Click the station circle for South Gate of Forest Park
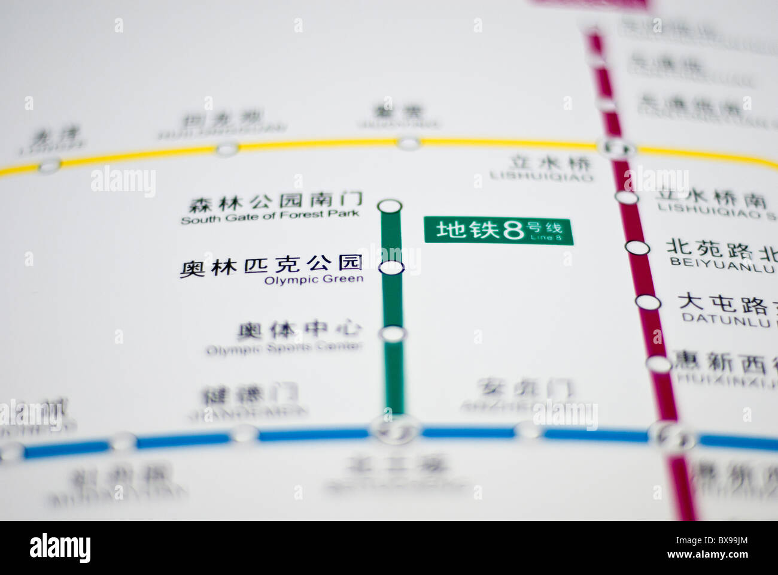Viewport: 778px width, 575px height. coord(390,207)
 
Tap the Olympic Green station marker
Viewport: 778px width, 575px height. coord(391,268)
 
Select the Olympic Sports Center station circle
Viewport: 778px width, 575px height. coord(393,334)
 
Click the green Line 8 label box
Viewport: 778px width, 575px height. coord(499,231)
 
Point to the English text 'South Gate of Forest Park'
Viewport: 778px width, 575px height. coord(270,217)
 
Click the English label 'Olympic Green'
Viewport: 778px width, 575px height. coord(314,280)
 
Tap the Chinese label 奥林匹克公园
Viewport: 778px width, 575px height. coord(272,264)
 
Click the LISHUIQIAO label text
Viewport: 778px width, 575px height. coord(542,177)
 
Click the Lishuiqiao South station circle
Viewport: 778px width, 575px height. coord(627,197)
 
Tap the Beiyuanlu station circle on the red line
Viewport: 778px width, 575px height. coord(637,247)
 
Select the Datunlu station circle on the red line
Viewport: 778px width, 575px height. coord(648,302)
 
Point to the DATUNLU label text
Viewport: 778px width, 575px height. coord(725,320)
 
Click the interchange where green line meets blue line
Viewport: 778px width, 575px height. coord(394,429)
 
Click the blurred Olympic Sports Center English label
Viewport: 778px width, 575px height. coord(284,348)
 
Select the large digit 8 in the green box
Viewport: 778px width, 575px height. coord(513,229)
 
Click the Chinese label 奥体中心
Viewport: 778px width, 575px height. coord(299,329)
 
